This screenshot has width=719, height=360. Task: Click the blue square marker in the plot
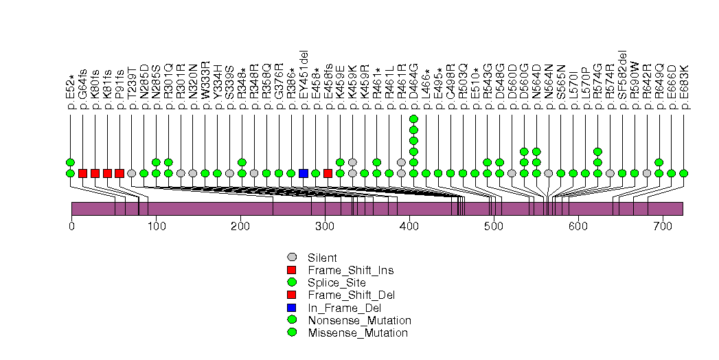point(304,173)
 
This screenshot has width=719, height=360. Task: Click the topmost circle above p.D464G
point(413,119)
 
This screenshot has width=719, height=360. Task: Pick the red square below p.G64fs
point(82,173)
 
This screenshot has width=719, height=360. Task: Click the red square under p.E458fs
point(328,173)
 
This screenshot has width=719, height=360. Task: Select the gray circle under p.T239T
point(131,173)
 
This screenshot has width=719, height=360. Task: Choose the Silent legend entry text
point(323,258)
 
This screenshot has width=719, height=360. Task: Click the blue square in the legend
point(292,308)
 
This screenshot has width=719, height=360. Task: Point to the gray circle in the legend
point(292,258)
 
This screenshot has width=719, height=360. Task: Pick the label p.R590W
point(635,86)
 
